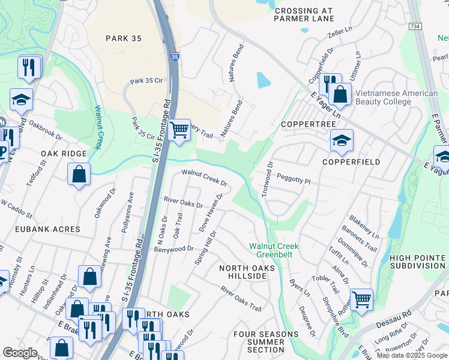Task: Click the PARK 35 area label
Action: [x=123, y=38]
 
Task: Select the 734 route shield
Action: [x=414, y=27]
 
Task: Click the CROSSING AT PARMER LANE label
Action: [x=304, y=14]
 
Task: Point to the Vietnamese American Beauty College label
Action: [x=396, y=97]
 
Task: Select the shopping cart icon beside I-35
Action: [x=179, y=129]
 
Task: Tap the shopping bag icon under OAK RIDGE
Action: [x=79, y=175]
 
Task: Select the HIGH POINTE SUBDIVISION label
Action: [x=417, y=262]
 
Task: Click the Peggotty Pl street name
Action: [x=294, y=179]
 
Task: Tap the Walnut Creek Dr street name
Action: [x=205, y=178]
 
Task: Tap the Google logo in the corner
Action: [x=20, y=353]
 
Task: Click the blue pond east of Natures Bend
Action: [x=264, y=80]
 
